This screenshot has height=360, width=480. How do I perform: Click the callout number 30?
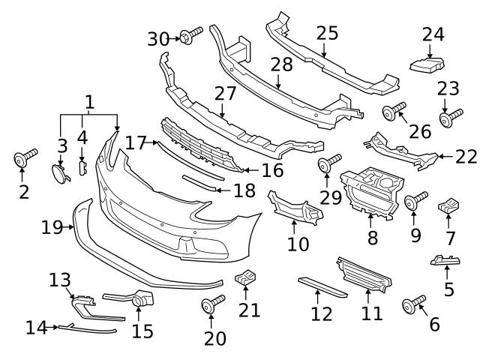point(158,37)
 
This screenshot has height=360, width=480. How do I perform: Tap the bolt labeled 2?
point(25,159)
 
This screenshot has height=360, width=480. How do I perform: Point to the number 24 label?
point(433,34)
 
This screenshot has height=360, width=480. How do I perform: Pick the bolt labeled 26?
point(394,112)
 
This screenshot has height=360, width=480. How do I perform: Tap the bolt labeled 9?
point(415,201)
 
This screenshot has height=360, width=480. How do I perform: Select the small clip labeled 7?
point(449,204)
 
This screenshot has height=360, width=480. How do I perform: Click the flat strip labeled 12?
point(323,285)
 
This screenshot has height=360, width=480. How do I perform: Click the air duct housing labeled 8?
point(373,191)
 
